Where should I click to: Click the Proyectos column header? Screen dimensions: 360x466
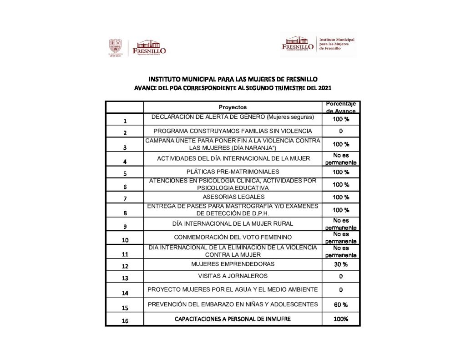pyautogui.click(x=233, y=107)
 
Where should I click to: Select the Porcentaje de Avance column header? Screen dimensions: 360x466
pyautogui.click(x=341, y=107)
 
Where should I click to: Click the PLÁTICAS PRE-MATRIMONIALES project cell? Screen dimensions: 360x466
pyautogui.click(x=233, y=172)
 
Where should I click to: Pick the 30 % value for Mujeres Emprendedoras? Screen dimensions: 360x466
pyautogui.click(x=341, y=264)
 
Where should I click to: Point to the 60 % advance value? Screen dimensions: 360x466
pyautogui.click(x=341, y=304)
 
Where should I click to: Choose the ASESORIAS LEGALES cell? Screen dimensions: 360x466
pyautogui.click(x=233, y=197)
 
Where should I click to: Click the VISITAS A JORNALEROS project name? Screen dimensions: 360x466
pyautogui.click(x=233, y=276)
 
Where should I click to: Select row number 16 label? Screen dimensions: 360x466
pyautogui.click(x=125, y=321)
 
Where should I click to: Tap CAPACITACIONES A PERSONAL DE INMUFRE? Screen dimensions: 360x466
pyautogui.click(x=233, y=319)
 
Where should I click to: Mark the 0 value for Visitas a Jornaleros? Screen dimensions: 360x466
pyautogui.click(x=341, y=276)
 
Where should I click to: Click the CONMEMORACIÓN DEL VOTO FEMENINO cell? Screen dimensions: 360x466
pyautogui.click(x=233, y=237)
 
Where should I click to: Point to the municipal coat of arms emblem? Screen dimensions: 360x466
pyautogui.click(x=116, y=47)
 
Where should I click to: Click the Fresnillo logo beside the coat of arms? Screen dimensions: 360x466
pyautogui.click(x=148, y=47)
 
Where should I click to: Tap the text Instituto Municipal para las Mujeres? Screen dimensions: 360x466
pyautogui.click(x=337, y=44)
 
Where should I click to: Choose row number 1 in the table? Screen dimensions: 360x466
pyautogui.click(x=125, y=121)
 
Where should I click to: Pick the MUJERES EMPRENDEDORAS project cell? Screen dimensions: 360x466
pyautogui.click(x=233, y=264)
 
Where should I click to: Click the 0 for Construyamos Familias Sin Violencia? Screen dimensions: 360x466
pyautogui.click(x=341, y=132)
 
